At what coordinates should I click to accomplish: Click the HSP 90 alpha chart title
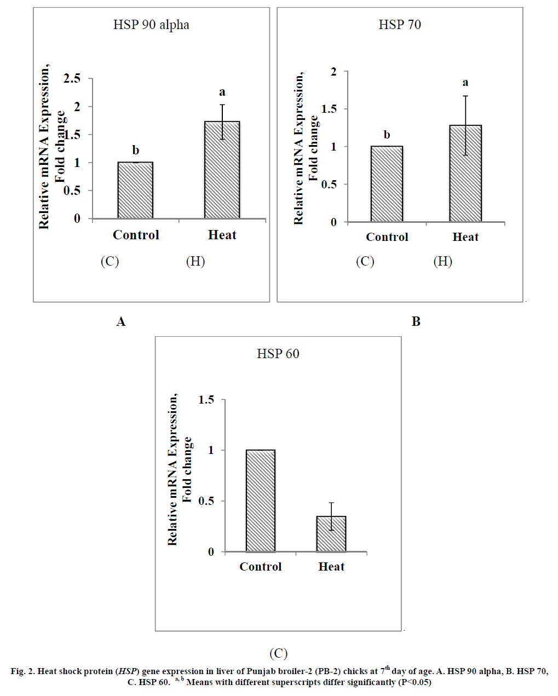pyautogui.click(x=151, y=25)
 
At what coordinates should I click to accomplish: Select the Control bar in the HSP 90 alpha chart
pyautogui.click(x=135, y=190)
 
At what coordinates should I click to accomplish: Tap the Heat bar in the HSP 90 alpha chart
pyautogui.click(x=222, y=170)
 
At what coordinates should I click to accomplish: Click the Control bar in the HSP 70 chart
pyautogui.click(x=387, y=184)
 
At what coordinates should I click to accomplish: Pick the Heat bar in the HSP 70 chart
pyautogui.click(x=465, y=174)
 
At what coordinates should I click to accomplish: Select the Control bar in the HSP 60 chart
pyautogui.click(x=261, y=501)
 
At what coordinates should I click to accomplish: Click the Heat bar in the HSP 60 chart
pyautogui.click(x=331, y=534)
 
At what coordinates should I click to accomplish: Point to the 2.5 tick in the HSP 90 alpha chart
pyautogui.click(x=72, y=78)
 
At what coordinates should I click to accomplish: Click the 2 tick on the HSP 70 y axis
pyautogui.click(x=333, y=71)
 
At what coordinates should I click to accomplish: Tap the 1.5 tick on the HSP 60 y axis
pyautogui.click(x=206, y=400)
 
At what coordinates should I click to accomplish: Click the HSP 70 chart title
pyautogui.click(x=400, y=25)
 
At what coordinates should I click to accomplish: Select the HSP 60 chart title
pyautogui.click(x=278, y=354)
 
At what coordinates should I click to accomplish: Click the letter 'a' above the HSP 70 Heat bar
pyautogui.click(x=465, y=83)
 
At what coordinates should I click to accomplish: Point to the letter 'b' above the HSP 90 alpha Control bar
pyautogui.click(x=135, y=150)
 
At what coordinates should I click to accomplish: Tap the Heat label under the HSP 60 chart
pyautogui.click(x=331, y=567)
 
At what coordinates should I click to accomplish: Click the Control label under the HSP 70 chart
pyautogui.click(x=387, y=237)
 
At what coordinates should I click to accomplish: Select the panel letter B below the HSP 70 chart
pyautogui.click(x=416, y=321)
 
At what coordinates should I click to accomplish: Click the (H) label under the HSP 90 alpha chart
pyautogui.click(x=195, y=261)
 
